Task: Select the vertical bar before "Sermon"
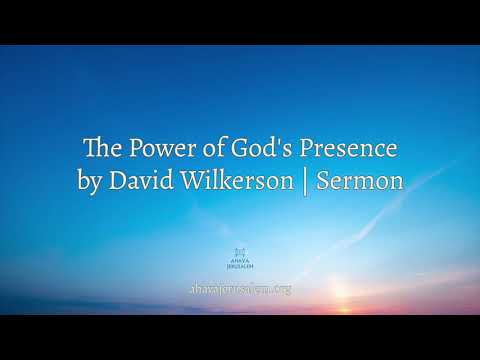click(306, 184)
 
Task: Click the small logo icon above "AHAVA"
click(240, 250)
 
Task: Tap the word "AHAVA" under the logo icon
click(240, 262)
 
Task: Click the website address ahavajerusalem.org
click(240, 289)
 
